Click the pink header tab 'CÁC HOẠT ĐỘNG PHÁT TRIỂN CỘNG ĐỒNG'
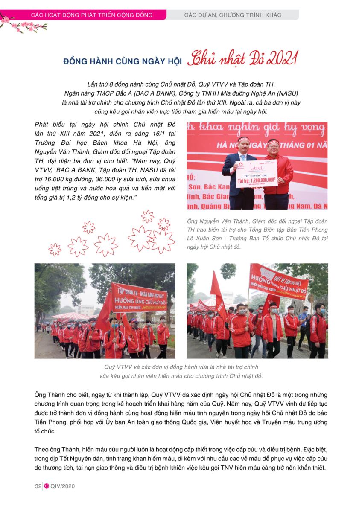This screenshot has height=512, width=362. point(92,15)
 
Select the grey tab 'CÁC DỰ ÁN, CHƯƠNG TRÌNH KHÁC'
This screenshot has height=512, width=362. point(233,15)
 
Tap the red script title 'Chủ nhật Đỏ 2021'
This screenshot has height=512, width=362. point(241,60)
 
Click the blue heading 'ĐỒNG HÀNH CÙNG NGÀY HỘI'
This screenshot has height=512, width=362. point(123,61)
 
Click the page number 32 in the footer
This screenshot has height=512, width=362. point(38,486)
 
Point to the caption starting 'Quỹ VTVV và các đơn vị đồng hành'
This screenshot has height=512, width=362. point(181,371)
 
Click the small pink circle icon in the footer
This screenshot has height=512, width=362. point(47,486)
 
